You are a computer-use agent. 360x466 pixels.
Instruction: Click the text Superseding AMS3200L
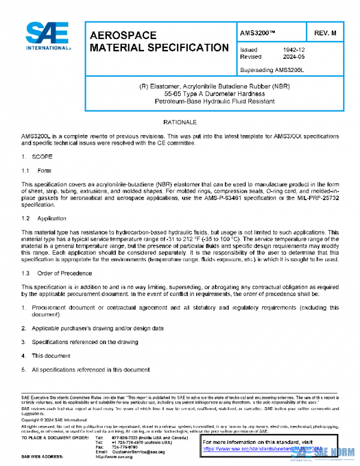click(x=272, y=70)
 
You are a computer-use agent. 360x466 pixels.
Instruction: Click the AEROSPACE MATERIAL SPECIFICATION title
click(x=158, y=41)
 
